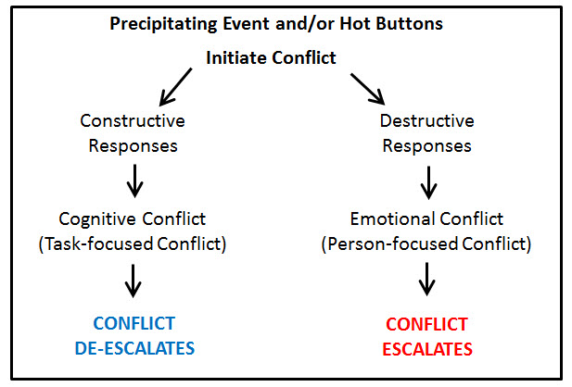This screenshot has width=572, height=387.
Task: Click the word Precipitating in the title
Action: (163, 24)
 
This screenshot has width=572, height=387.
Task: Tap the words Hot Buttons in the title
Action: (391, 23)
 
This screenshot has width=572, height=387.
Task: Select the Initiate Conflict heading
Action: (271, 57)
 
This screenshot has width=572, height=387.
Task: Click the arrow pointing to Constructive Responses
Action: (175, 87)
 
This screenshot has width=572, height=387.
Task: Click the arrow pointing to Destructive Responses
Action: (368, 89)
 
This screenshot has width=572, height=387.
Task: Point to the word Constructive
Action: (133, 120)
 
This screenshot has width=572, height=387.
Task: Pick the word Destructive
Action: (426, 120)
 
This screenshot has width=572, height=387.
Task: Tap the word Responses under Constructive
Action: (133, 146)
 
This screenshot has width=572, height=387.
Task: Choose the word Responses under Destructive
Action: (426, 146)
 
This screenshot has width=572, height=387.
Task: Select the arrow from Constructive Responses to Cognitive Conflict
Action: (134, 181)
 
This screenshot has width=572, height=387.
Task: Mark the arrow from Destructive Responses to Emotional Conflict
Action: (428, 183)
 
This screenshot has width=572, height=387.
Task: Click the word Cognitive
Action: (98, 219)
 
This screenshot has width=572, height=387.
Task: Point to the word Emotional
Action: (392, 219)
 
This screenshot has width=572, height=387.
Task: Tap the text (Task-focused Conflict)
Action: (133, 243)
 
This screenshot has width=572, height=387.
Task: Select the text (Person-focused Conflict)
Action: (426, 243)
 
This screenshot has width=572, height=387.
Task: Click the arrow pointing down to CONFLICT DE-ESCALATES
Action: (133, 281)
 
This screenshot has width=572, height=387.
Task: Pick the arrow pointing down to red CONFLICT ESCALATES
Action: (426, 279)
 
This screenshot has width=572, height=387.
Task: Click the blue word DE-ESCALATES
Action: (134, 348)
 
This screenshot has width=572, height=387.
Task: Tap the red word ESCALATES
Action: (427, 349)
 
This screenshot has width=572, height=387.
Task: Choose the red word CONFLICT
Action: (426, 324)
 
